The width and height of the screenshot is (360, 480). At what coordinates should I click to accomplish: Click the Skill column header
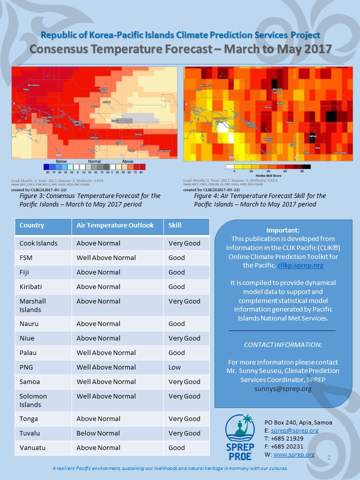(x=175, y=225)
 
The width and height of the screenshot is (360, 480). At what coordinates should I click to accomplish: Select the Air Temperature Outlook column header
(x=114, y=225)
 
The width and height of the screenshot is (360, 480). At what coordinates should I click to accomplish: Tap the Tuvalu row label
(x=30, y=433)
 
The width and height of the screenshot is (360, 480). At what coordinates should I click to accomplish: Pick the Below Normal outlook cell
(x=98, y=433)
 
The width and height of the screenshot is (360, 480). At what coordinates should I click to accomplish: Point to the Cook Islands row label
(x=38, y=243)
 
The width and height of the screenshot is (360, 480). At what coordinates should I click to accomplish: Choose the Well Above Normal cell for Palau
(x=106, y=353)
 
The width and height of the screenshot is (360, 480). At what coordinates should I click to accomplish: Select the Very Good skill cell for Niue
(x=184, y=338)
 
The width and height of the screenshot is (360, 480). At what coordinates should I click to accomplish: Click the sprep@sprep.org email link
(x=294, y=430)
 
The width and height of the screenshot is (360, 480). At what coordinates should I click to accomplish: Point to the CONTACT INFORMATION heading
(x=282, y=345)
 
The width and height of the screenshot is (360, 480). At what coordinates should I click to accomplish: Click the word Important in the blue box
(x=283, y=230)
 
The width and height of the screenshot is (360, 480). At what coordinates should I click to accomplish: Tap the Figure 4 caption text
(x=260, y=200)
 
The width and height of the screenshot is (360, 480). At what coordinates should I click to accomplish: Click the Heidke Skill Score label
(x=268, y=175)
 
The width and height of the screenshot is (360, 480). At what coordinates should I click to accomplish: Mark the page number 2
(x=329, y=457)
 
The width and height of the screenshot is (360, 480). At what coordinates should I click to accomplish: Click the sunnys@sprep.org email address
(x=283, y=388)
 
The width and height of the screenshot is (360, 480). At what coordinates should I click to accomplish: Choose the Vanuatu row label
(x=31, y=448)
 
